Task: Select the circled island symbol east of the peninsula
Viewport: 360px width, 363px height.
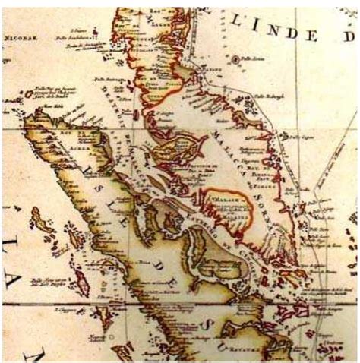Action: coord(236,58)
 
